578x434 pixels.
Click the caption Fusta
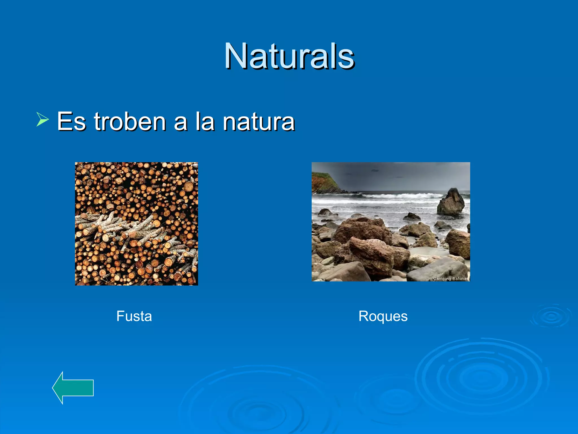134,316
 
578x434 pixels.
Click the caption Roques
383,316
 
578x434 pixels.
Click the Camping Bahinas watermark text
450,279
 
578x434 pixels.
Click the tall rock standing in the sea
451,202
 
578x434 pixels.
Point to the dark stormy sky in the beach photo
395,175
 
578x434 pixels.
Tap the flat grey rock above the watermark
437,268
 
